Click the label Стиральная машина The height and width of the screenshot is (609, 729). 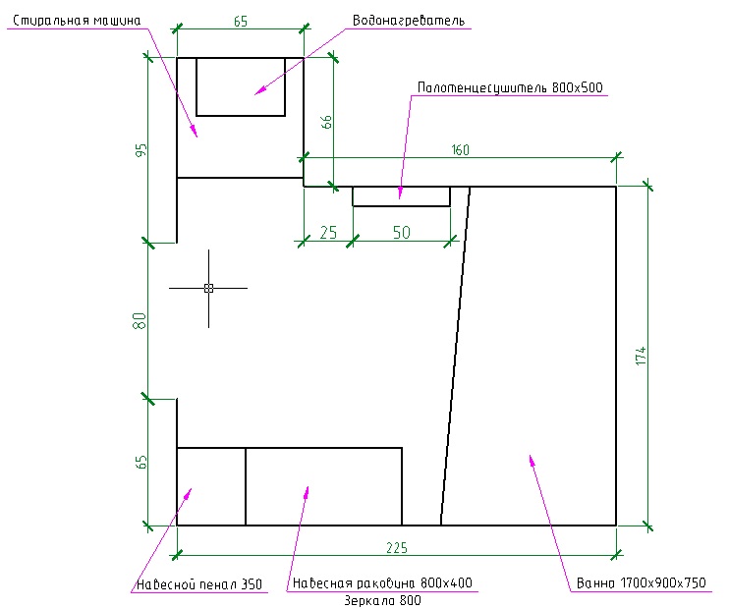click(77, 20)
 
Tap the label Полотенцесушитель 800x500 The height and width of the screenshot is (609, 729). click(510, 87)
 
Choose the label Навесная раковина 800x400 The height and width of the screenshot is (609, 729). click(381, 582)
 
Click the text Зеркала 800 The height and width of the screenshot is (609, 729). click(384, 600)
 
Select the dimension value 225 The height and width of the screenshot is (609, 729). click(397, 547)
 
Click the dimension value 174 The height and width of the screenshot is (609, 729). click(640, 356)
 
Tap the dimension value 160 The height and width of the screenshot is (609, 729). click(460, 150)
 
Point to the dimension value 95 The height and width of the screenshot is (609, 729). click(141, 150)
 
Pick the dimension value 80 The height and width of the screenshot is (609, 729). click(140, 320)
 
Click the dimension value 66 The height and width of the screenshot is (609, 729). click(328, 123)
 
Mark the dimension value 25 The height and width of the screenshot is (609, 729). click(328, 233)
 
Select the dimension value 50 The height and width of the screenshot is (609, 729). click(402, 233)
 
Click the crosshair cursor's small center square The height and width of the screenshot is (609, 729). click(208, 288)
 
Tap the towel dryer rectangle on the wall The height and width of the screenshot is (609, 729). click(401, 195)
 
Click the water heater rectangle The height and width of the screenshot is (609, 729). click(241, 86)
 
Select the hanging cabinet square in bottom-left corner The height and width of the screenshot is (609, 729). click(210, 486)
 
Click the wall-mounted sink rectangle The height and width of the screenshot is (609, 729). click(323, 486)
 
